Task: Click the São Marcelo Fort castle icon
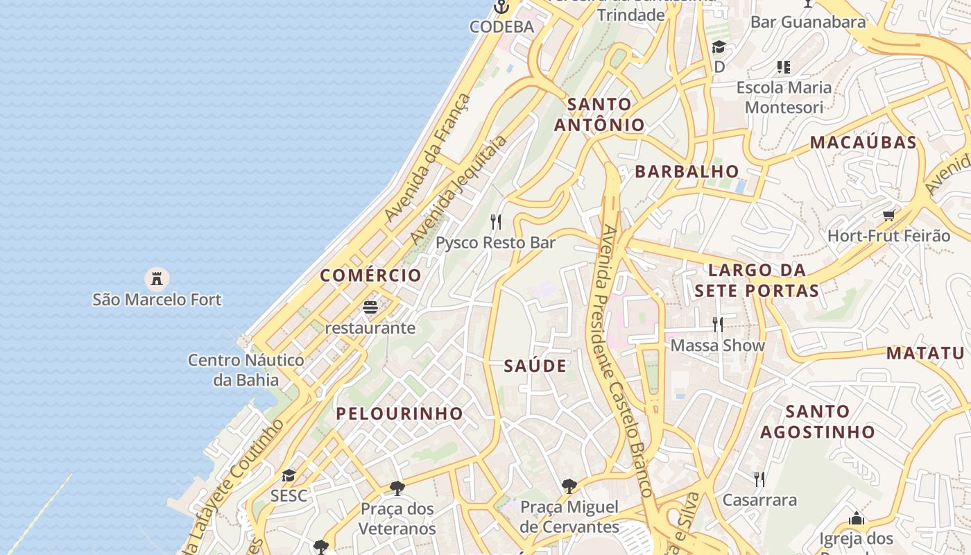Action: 157,279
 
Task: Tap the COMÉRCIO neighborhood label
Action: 370,275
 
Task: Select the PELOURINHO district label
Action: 399,413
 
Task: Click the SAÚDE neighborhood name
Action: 535,366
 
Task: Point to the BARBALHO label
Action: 687,171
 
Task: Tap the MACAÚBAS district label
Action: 863,143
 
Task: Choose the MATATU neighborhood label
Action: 925,353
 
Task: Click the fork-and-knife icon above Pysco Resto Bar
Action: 496,222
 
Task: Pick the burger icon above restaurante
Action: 370,307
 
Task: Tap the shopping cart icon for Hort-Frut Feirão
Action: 888,215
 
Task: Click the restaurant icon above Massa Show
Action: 718,324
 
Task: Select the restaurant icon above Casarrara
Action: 759,479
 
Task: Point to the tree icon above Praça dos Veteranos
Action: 397,488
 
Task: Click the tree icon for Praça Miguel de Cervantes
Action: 569,486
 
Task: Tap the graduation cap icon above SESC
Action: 289,476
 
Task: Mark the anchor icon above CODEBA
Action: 501,8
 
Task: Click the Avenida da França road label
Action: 427,158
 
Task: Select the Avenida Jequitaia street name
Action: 458,189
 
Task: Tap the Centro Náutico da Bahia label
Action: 246,370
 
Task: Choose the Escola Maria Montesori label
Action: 784,97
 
